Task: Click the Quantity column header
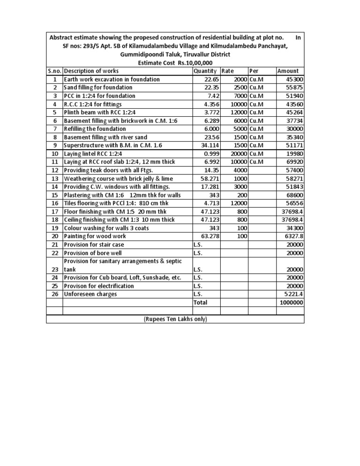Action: (x=206, y=71)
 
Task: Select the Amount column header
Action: (x=288, y=71)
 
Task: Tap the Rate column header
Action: (x=228, y=71)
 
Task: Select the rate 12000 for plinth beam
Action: (x=238, y=112)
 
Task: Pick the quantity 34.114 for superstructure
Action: (x=209, y=145)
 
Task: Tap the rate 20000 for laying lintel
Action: (x=238, y=153)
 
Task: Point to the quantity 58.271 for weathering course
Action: (x=209, y=178)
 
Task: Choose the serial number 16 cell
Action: (x=54, y=203)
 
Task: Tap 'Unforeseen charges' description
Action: (x=90, y=294)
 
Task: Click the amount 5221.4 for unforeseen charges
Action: (x=292, y=294)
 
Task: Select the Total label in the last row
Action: (x=200, y=302)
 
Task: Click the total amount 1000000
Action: (x=291, y=302)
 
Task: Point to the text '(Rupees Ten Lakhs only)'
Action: (x=175, y=319)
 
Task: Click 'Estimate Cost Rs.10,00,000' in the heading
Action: (x=175, y=63)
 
